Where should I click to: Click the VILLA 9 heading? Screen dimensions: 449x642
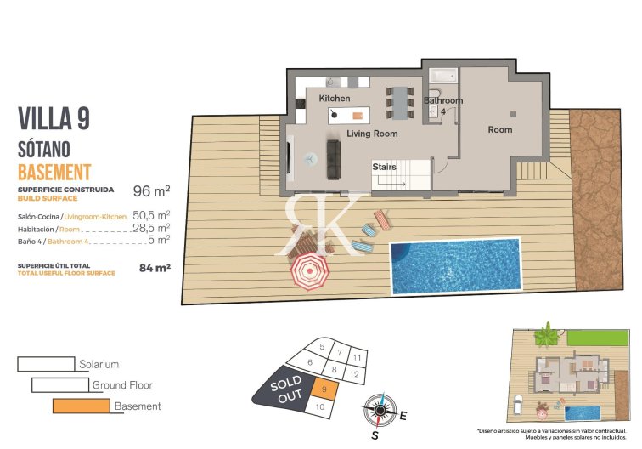coord(53,118)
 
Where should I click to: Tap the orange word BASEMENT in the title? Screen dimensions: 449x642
coord(53,170)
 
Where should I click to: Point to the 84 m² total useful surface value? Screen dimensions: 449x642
coord(155,267)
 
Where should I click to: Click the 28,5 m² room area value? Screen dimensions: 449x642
coord(151,228)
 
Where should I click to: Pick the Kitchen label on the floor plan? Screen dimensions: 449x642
coord(334,99)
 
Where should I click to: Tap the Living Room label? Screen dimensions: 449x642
coord(372,134)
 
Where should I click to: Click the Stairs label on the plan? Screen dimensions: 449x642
coord(384,167)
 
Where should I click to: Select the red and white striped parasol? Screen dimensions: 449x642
coord(310,272)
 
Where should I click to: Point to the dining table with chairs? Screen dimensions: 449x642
coord(399,102)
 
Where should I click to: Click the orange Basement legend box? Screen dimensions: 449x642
coord(81,406)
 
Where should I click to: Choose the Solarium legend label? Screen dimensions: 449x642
coord(99,364)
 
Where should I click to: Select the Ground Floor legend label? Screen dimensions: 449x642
coord(122,385)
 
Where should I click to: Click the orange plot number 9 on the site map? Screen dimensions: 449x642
coord(324,389)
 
